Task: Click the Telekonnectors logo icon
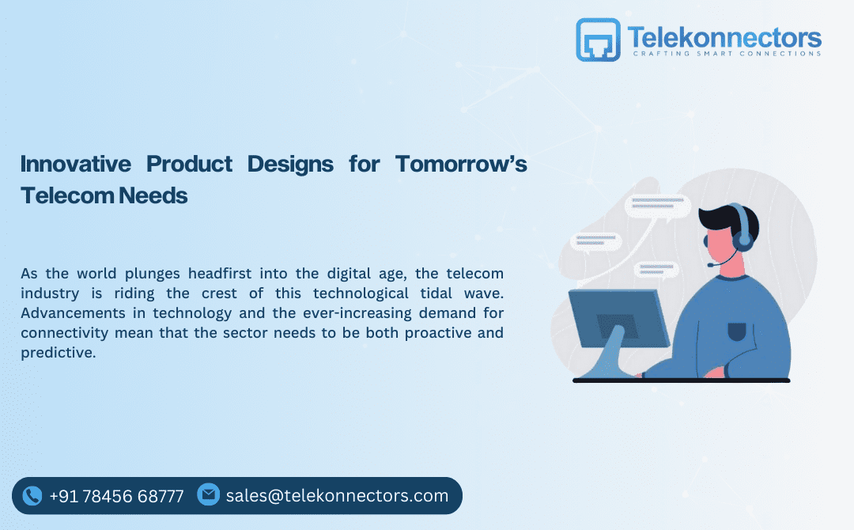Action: [599, 40]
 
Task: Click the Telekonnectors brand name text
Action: [724, 36]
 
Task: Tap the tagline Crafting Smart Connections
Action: [727, 54]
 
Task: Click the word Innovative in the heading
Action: [75, 164]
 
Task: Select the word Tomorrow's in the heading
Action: [461, 164]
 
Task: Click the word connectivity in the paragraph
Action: [66, 333]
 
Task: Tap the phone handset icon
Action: [32, 496]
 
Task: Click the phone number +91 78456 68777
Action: [116, 496]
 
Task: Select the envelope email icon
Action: [208, 494]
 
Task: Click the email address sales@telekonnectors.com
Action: [337, 496]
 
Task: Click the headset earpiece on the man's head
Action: [744, 238]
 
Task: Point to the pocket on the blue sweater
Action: [737, 329]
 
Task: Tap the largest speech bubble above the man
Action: [657, 206]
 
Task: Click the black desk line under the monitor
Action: [681, 380]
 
